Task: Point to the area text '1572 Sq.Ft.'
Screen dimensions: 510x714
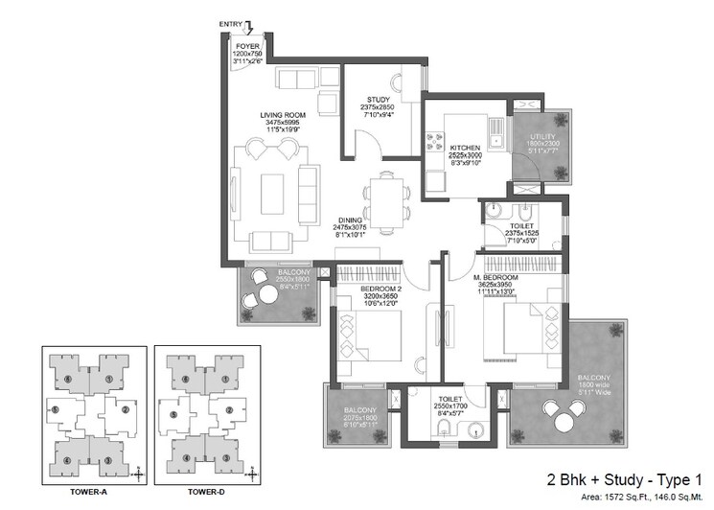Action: (618, 497)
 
